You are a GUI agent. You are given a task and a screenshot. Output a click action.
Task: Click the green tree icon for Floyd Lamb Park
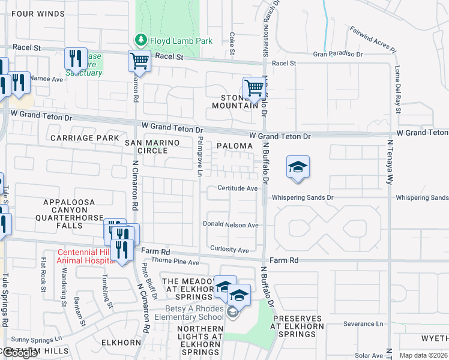141,40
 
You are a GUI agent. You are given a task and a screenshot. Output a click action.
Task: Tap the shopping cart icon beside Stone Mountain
254,88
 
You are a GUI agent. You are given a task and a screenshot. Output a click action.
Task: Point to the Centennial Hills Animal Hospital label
85,256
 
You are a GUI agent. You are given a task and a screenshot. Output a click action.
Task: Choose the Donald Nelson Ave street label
231,225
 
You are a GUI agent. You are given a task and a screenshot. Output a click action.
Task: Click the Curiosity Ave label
229,250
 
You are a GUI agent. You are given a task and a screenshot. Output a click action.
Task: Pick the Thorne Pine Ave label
175,262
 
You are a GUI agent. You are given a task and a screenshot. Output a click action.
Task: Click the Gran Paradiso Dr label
338,54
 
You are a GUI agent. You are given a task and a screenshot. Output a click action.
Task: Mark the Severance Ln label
363,324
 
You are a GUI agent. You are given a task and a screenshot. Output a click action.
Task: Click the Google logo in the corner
20,353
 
